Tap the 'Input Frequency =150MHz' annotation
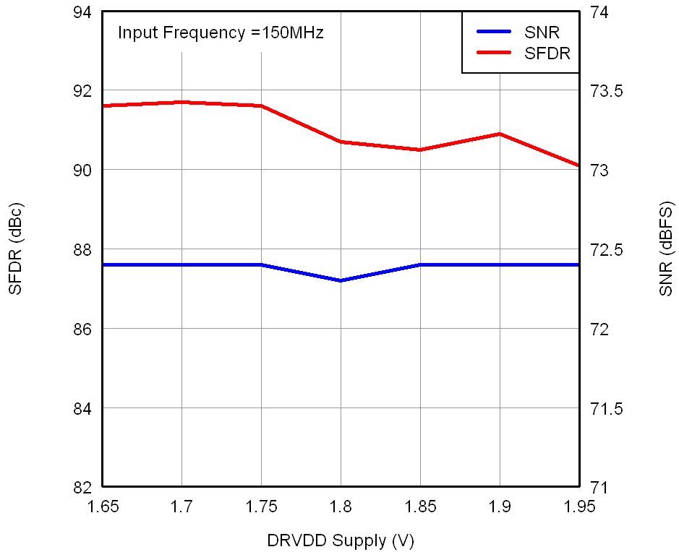(x=221, y=33)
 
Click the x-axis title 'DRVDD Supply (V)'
(x=341, y=540)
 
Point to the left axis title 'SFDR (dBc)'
(x=15, y=249)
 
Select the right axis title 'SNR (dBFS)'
(x=666, y=249)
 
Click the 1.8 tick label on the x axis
(x=341, y=506)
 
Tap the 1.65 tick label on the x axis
(x=103, y=506)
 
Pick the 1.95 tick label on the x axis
(x=578, y=506)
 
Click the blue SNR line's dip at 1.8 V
(x=341, y=280)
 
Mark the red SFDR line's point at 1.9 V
(x=500, y=134)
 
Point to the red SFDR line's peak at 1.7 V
(x=182, y=102)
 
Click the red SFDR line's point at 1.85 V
(x=420, y=150)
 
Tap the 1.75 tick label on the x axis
(x=261, y=506)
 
